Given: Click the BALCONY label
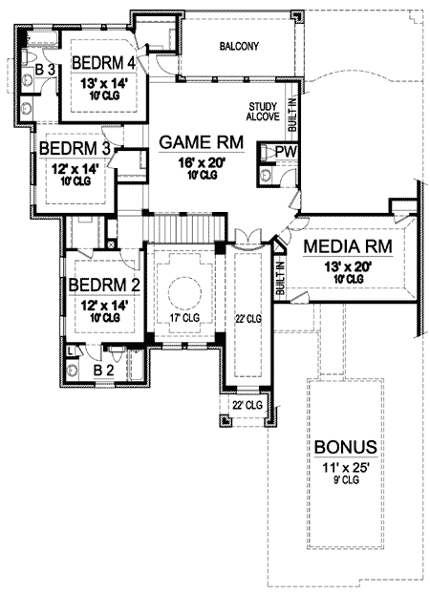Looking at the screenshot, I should tap(238, 46).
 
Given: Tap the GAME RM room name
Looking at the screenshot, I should tap(201, 142).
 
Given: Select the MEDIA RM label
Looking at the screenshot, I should tap(345, 248).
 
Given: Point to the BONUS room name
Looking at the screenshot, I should tap(343, 447).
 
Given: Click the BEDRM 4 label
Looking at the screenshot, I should tap(102, 66).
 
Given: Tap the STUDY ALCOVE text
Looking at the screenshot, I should tap(263, 113).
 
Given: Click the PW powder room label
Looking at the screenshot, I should tap(285, 152).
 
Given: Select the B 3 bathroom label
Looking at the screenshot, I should tap(43, 71).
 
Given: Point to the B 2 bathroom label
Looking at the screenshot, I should tap(104, 368).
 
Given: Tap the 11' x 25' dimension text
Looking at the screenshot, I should tap(343, 468).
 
